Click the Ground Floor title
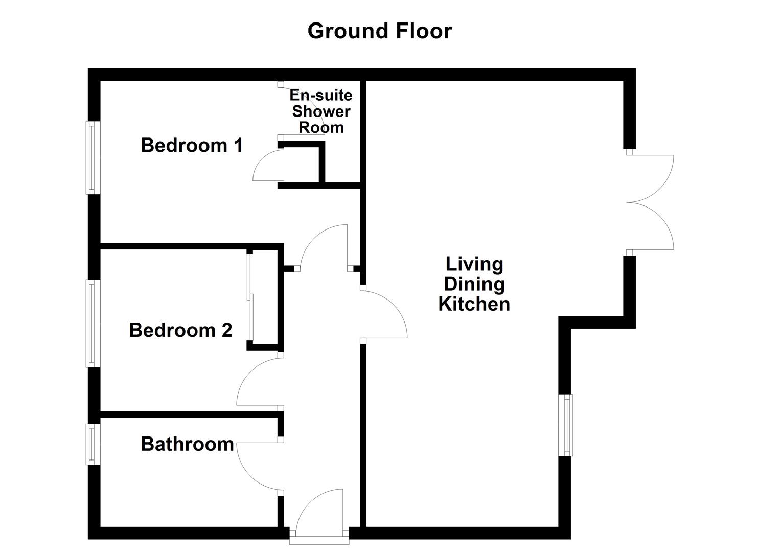379,31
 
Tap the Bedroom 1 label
192,145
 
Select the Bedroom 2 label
180,330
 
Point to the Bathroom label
187,444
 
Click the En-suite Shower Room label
321,111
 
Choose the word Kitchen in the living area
474,304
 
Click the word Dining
474,284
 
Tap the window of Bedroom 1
91,157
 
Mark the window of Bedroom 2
91,323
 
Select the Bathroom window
91,444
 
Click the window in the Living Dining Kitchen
567,425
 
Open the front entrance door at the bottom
319,514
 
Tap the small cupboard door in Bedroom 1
266,166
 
